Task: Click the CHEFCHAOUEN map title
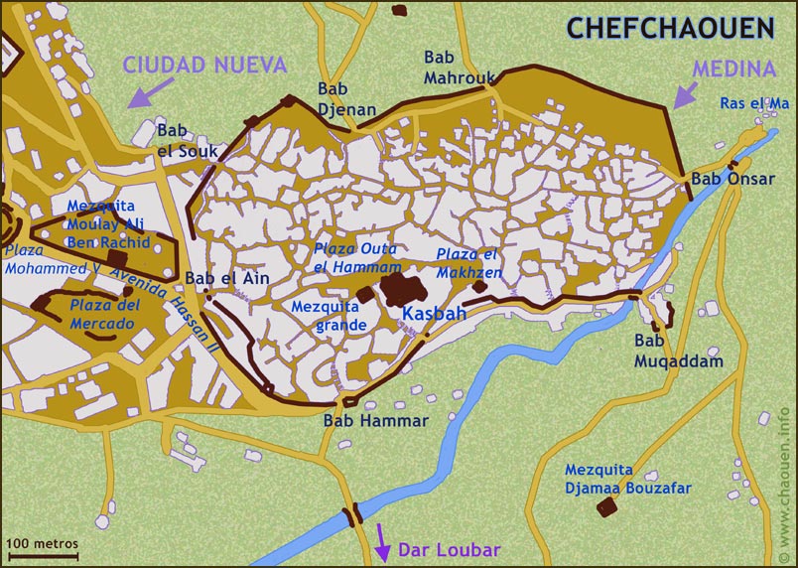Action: (x=670, y=27)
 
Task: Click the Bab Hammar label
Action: (x=376, y=421)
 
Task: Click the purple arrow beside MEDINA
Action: (x=684, y=95)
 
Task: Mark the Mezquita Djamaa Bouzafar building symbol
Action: (x=604, y=508)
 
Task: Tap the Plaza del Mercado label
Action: (x=102, y=316)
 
